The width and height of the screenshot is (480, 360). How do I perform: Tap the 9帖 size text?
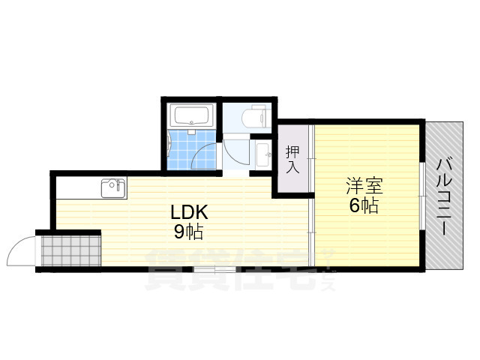(188, 232)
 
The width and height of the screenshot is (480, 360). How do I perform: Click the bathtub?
(193, 116)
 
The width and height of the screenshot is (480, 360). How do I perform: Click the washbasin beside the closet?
(264, 155)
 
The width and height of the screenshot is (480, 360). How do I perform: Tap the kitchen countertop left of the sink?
(75, 187)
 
